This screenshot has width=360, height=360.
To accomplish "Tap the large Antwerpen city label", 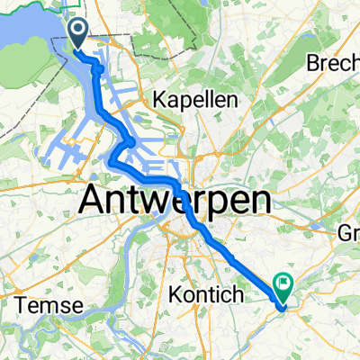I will [176, 200].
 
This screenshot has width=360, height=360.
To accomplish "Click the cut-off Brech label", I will [333, 64].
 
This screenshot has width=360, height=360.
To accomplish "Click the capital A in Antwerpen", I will [95, 200].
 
